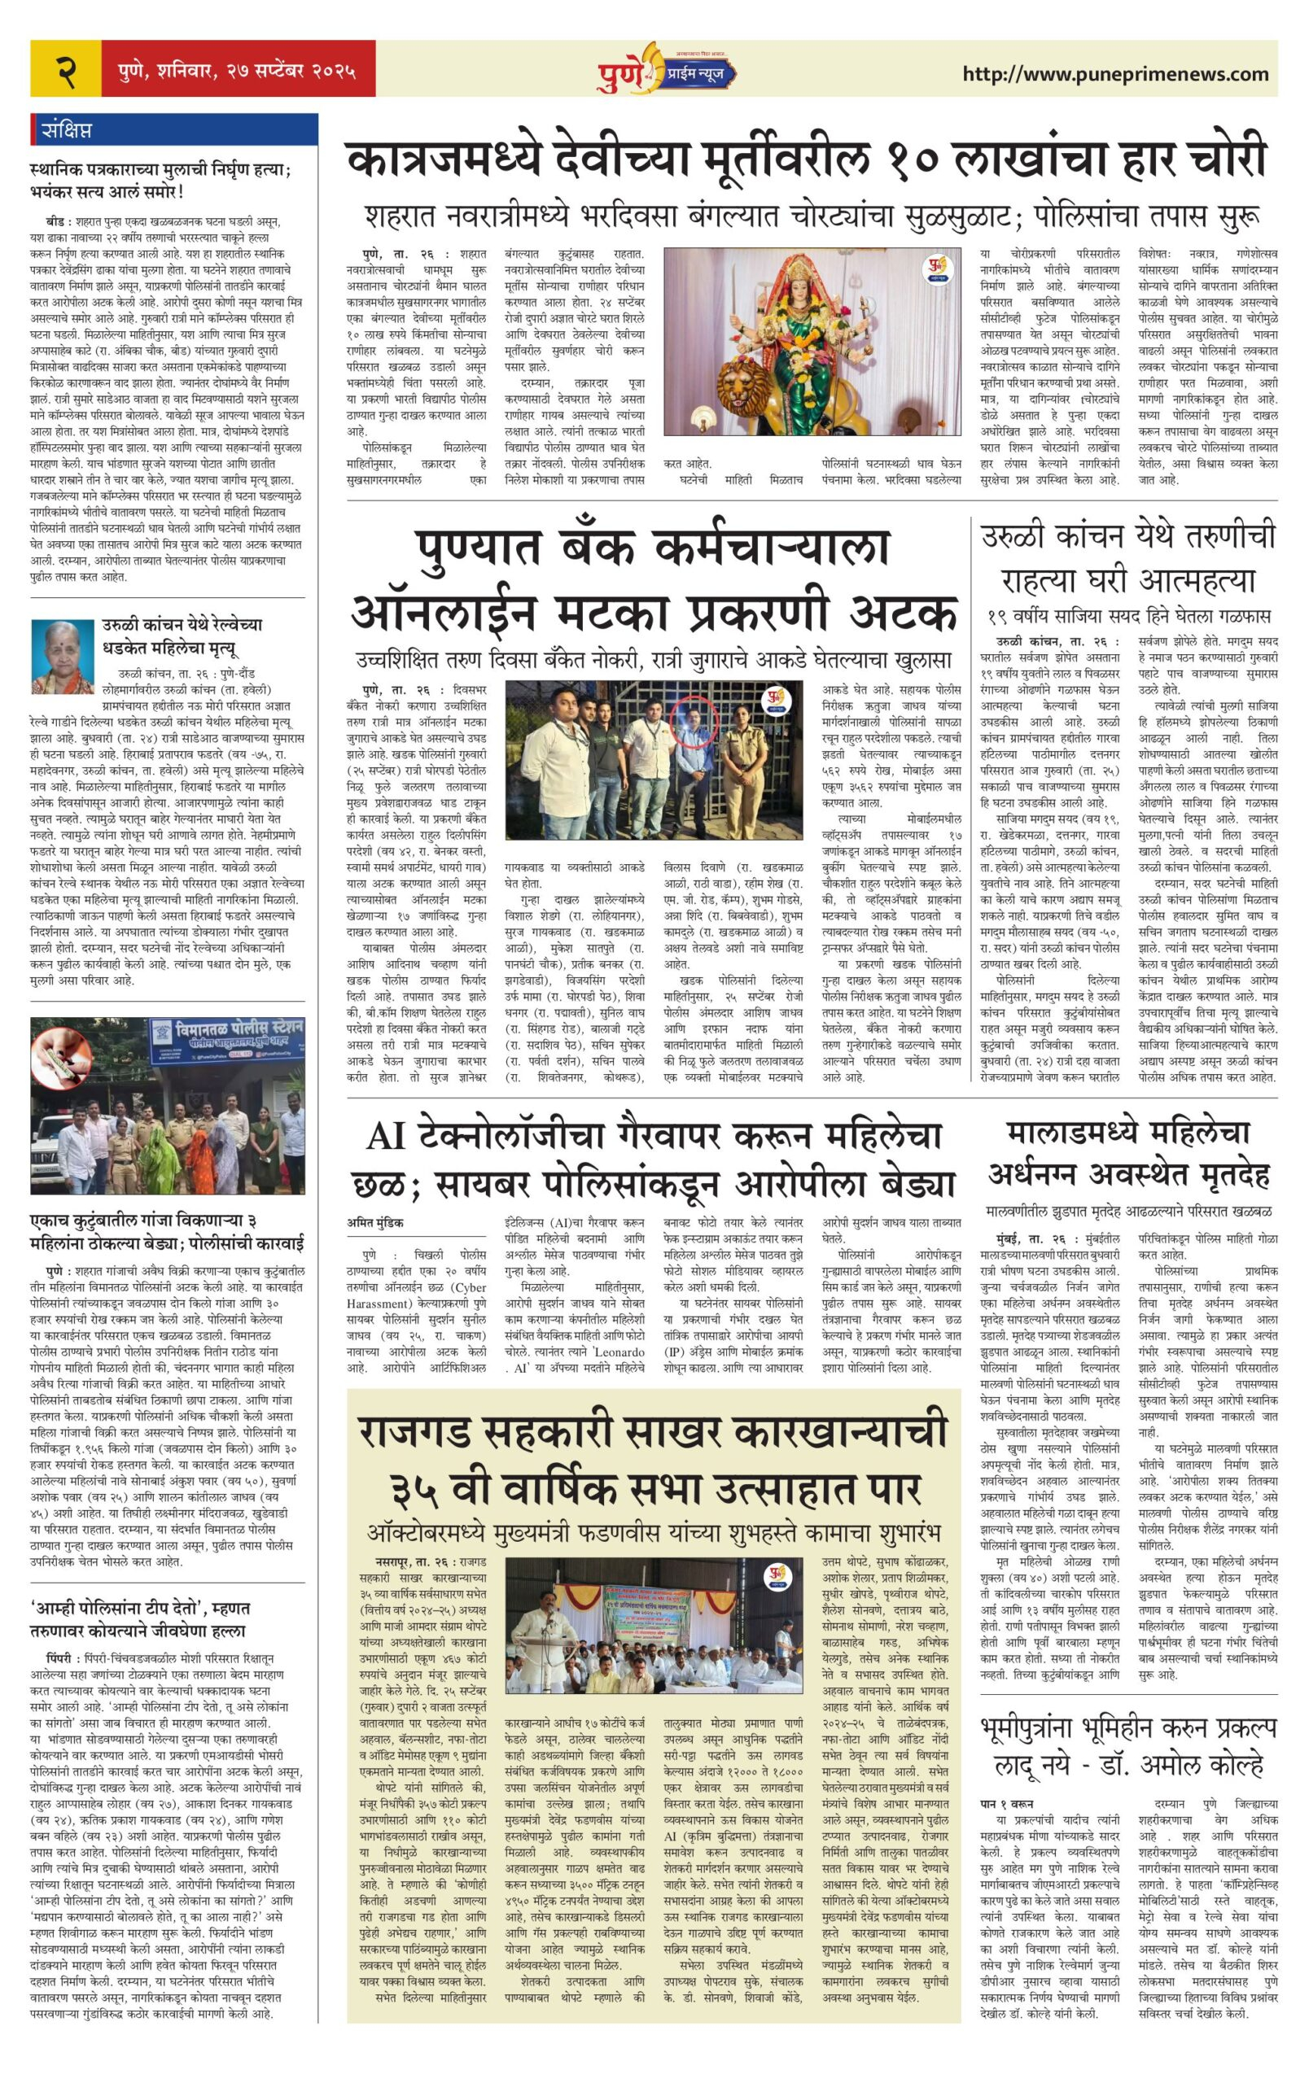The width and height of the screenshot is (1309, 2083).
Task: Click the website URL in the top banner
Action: pyautogui.click(x=1114, y=73)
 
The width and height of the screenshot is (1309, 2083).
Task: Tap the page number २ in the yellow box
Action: pyautogui.click(x=66, y=70)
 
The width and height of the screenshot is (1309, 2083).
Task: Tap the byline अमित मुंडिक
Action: pyautogui.click(x=375, y=1222)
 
